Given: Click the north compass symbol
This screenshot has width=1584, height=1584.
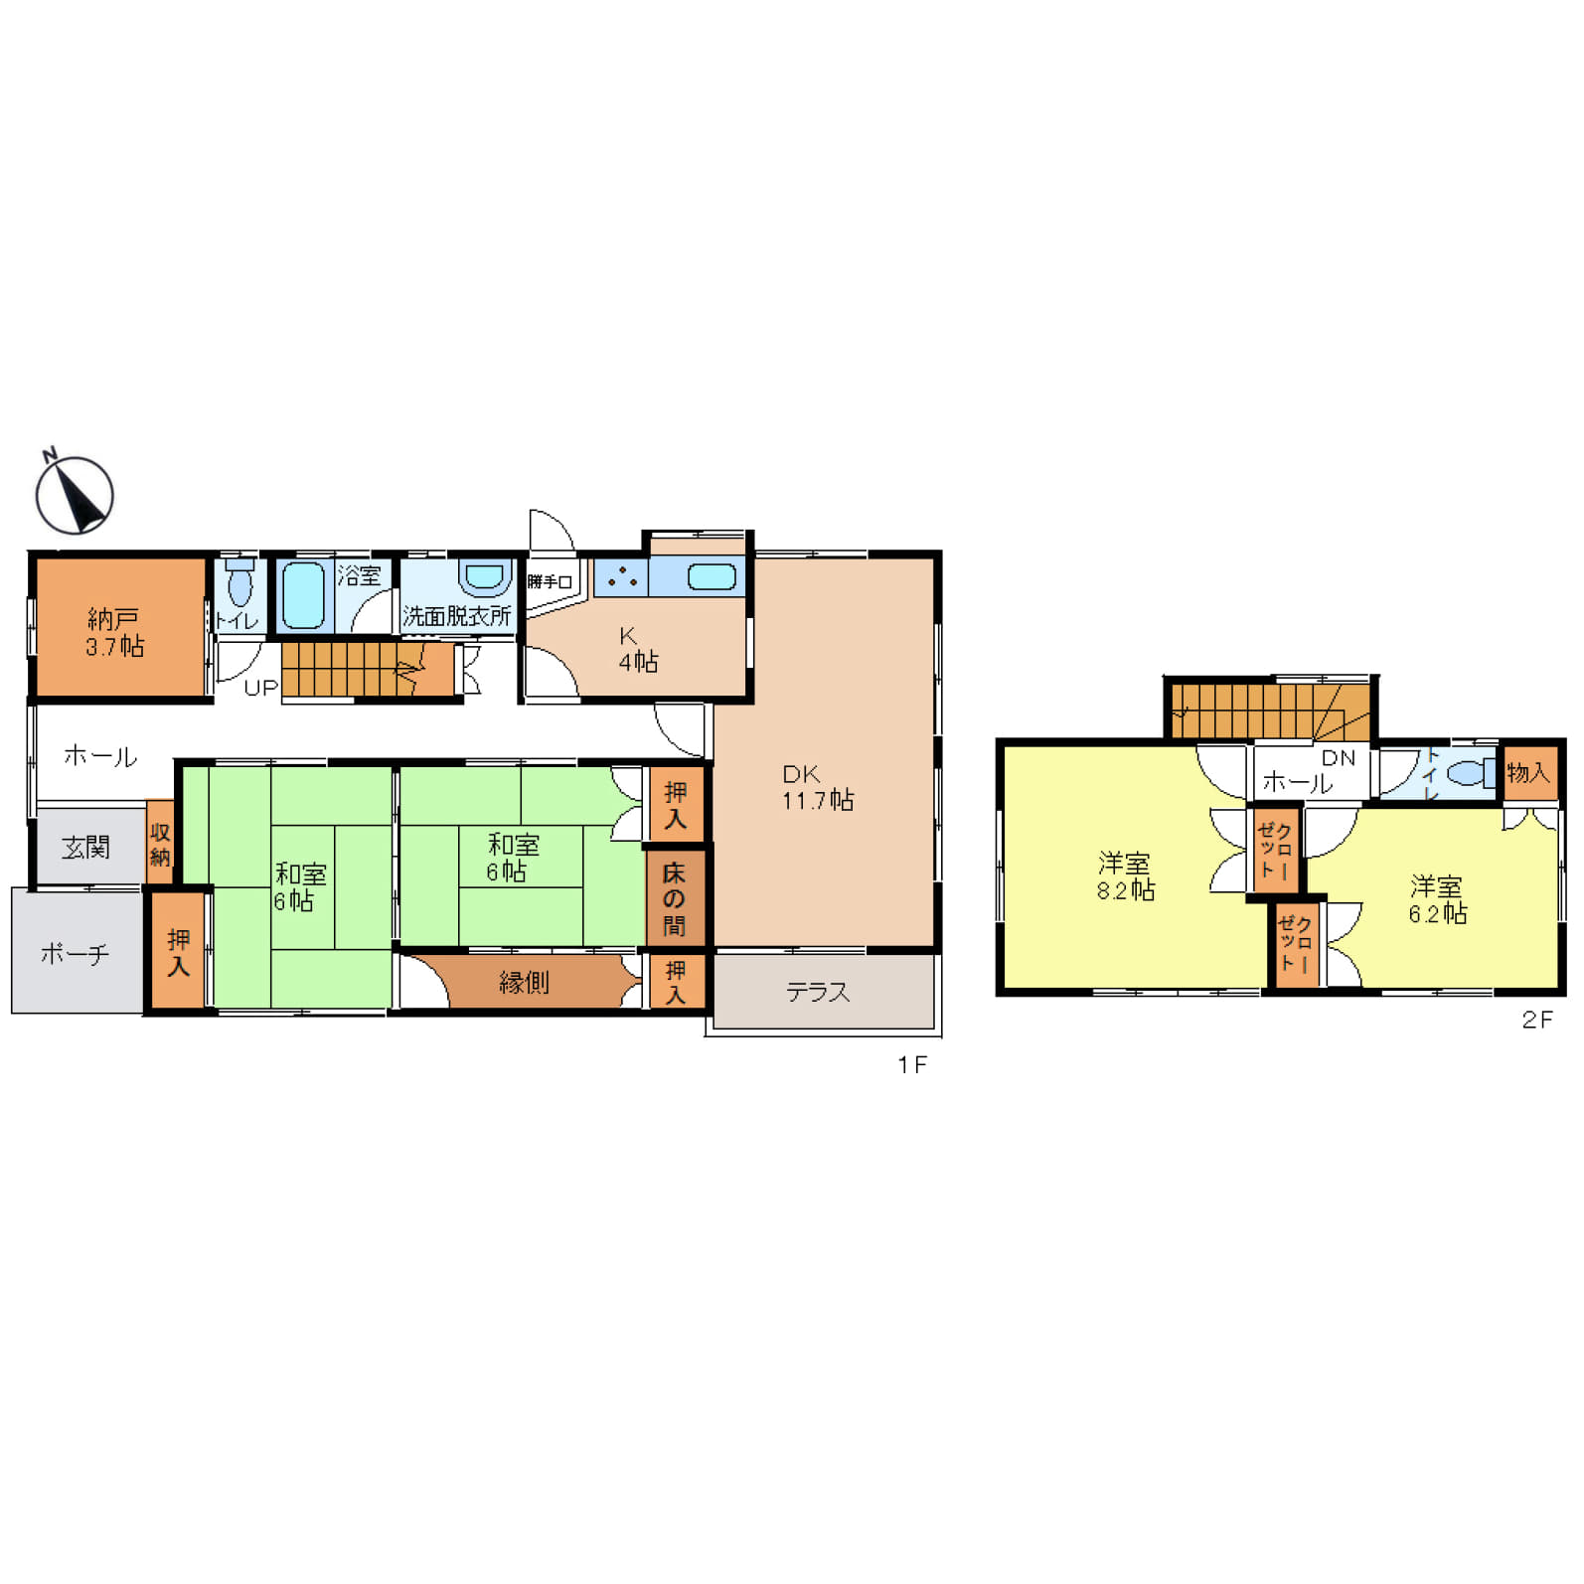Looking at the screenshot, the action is [x=75, y=494].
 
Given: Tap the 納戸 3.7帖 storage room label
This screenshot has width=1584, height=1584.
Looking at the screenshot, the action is [x=115, y=633].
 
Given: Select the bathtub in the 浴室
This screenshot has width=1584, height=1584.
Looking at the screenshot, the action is [x=302, y=594].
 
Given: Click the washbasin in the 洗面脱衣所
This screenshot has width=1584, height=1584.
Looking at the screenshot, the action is [x=485, y=576].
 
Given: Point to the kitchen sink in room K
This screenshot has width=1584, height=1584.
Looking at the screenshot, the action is [x=713, y=576].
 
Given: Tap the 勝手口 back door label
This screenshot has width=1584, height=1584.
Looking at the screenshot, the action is [x=550, y=581].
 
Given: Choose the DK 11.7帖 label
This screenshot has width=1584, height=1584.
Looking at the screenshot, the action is [x=817, y=787].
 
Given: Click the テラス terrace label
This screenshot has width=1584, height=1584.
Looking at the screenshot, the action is [x=818, y=992].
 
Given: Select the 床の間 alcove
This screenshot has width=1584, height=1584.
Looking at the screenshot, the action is [x=675, y=898].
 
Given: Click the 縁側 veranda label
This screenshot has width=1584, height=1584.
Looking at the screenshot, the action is [x=524, y=983].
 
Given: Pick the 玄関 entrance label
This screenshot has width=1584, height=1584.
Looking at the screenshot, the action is [x=85, y=848].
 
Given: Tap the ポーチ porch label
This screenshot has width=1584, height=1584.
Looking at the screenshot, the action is [x=75, y=954].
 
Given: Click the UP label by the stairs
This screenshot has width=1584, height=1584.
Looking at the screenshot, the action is [x=260, y=688].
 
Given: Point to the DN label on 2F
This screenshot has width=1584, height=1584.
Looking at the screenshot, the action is [x=1339, y=758].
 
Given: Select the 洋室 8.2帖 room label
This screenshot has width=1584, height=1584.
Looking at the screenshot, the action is [x=1126, y=876].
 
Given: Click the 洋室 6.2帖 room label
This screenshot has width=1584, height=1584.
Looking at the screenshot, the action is [x=1437, y=899].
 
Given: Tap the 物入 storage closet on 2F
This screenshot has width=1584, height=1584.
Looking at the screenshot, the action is [x=1528, y=772].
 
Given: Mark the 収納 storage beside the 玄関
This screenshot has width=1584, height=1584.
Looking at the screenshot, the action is [x=160, y=843].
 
